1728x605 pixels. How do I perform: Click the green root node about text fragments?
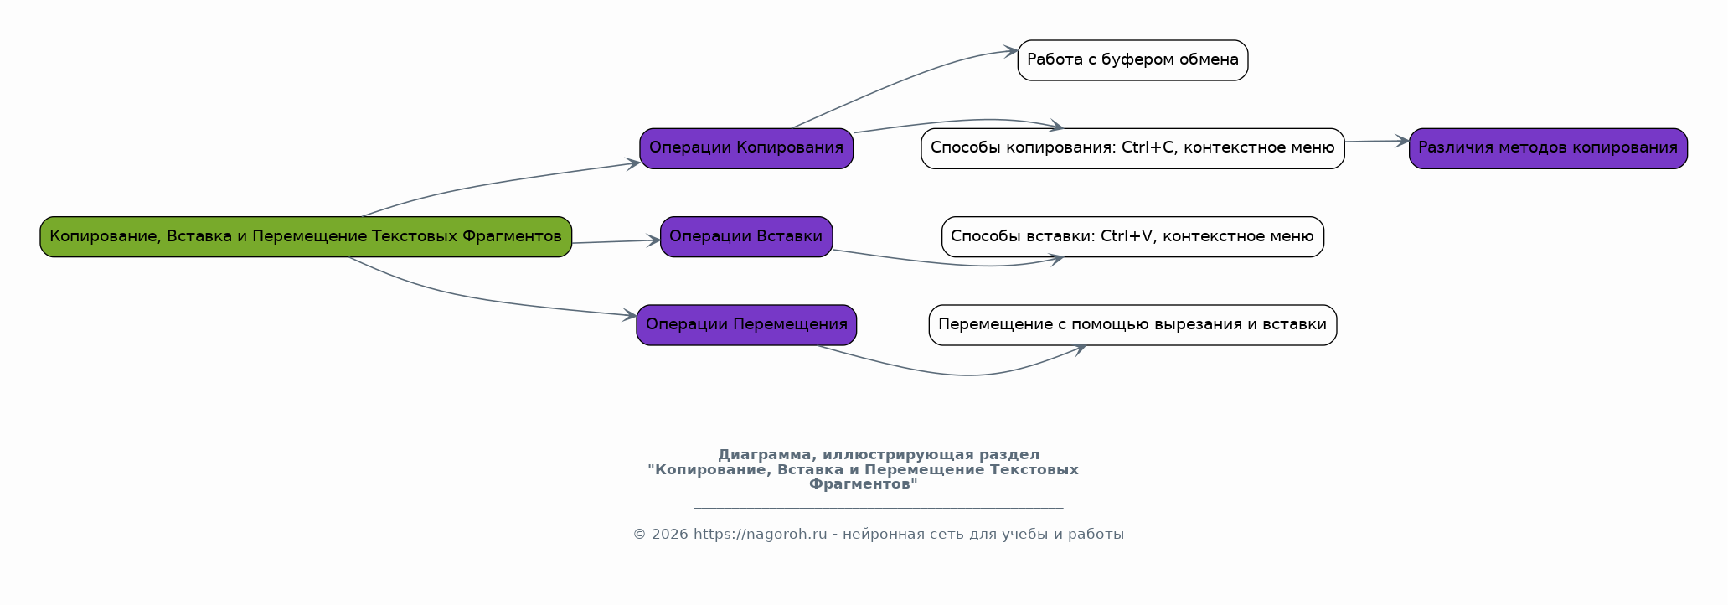click(306, 236)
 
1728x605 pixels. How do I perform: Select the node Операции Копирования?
click(745, 148)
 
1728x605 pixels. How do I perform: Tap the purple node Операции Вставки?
click(745, 236)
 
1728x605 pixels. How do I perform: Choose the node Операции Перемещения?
click(745, 325)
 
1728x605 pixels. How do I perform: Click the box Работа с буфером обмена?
click(1132, 60)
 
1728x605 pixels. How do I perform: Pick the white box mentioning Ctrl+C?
click(1132, 148)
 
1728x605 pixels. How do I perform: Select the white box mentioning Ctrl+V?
click(1132, 236)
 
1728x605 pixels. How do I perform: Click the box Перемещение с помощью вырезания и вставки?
click(1132, 325)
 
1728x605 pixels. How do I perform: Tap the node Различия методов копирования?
click(1548, 148)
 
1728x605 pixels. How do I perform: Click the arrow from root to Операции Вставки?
click(616, 241)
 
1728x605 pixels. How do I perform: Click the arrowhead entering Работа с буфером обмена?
click(1011, 52)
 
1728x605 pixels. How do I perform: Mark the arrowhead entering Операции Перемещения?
click(630, 316)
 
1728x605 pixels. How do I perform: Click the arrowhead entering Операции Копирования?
click(633, 163)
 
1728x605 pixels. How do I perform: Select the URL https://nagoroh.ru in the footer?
click(760, 535)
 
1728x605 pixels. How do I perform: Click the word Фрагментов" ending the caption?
click(863, 483)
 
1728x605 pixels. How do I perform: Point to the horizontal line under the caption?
click(878, 508)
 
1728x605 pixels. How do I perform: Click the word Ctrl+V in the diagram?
click(1127, 236)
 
